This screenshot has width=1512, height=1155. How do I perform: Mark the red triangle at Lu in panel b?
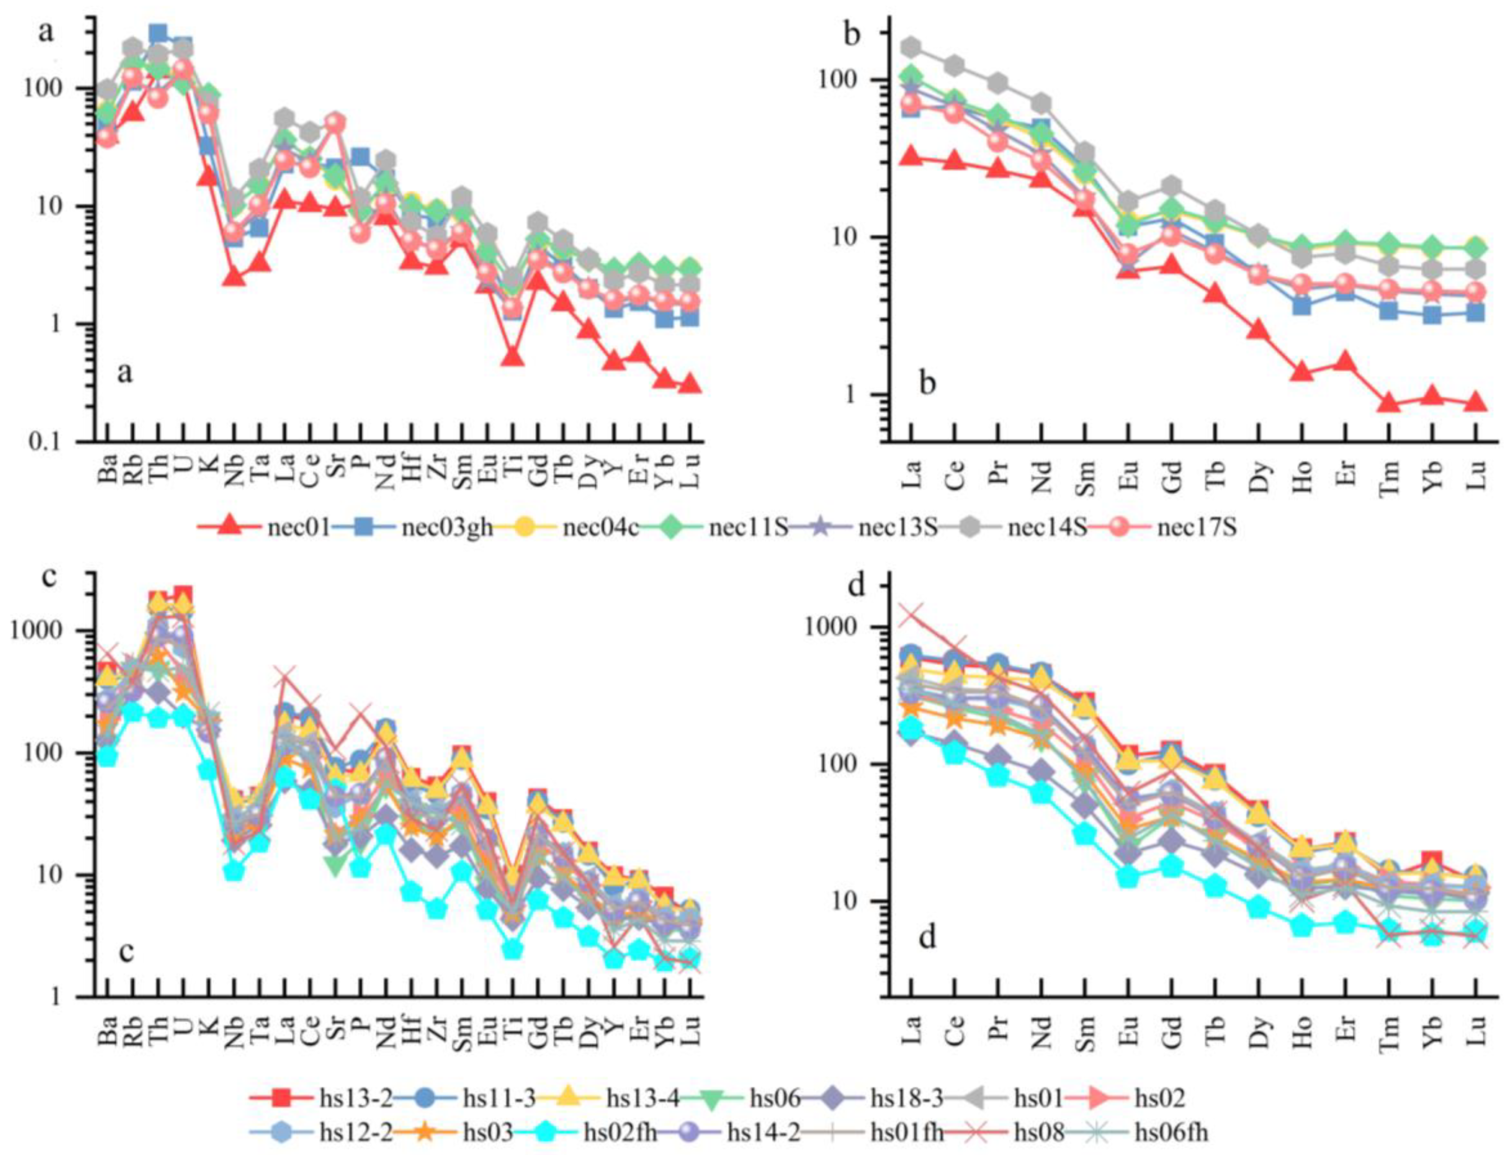(1476, 402)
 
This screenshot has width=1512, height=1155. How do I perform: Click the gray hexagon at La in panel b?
(912, 47)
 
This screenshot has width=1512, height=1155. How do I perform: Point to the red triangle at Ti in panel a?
(512, 357)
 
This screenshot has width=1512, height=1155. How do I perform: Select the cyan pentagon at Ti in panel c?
(512, 949)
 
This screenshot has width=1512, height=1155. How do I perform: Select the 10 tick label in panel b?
(852, 237)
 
